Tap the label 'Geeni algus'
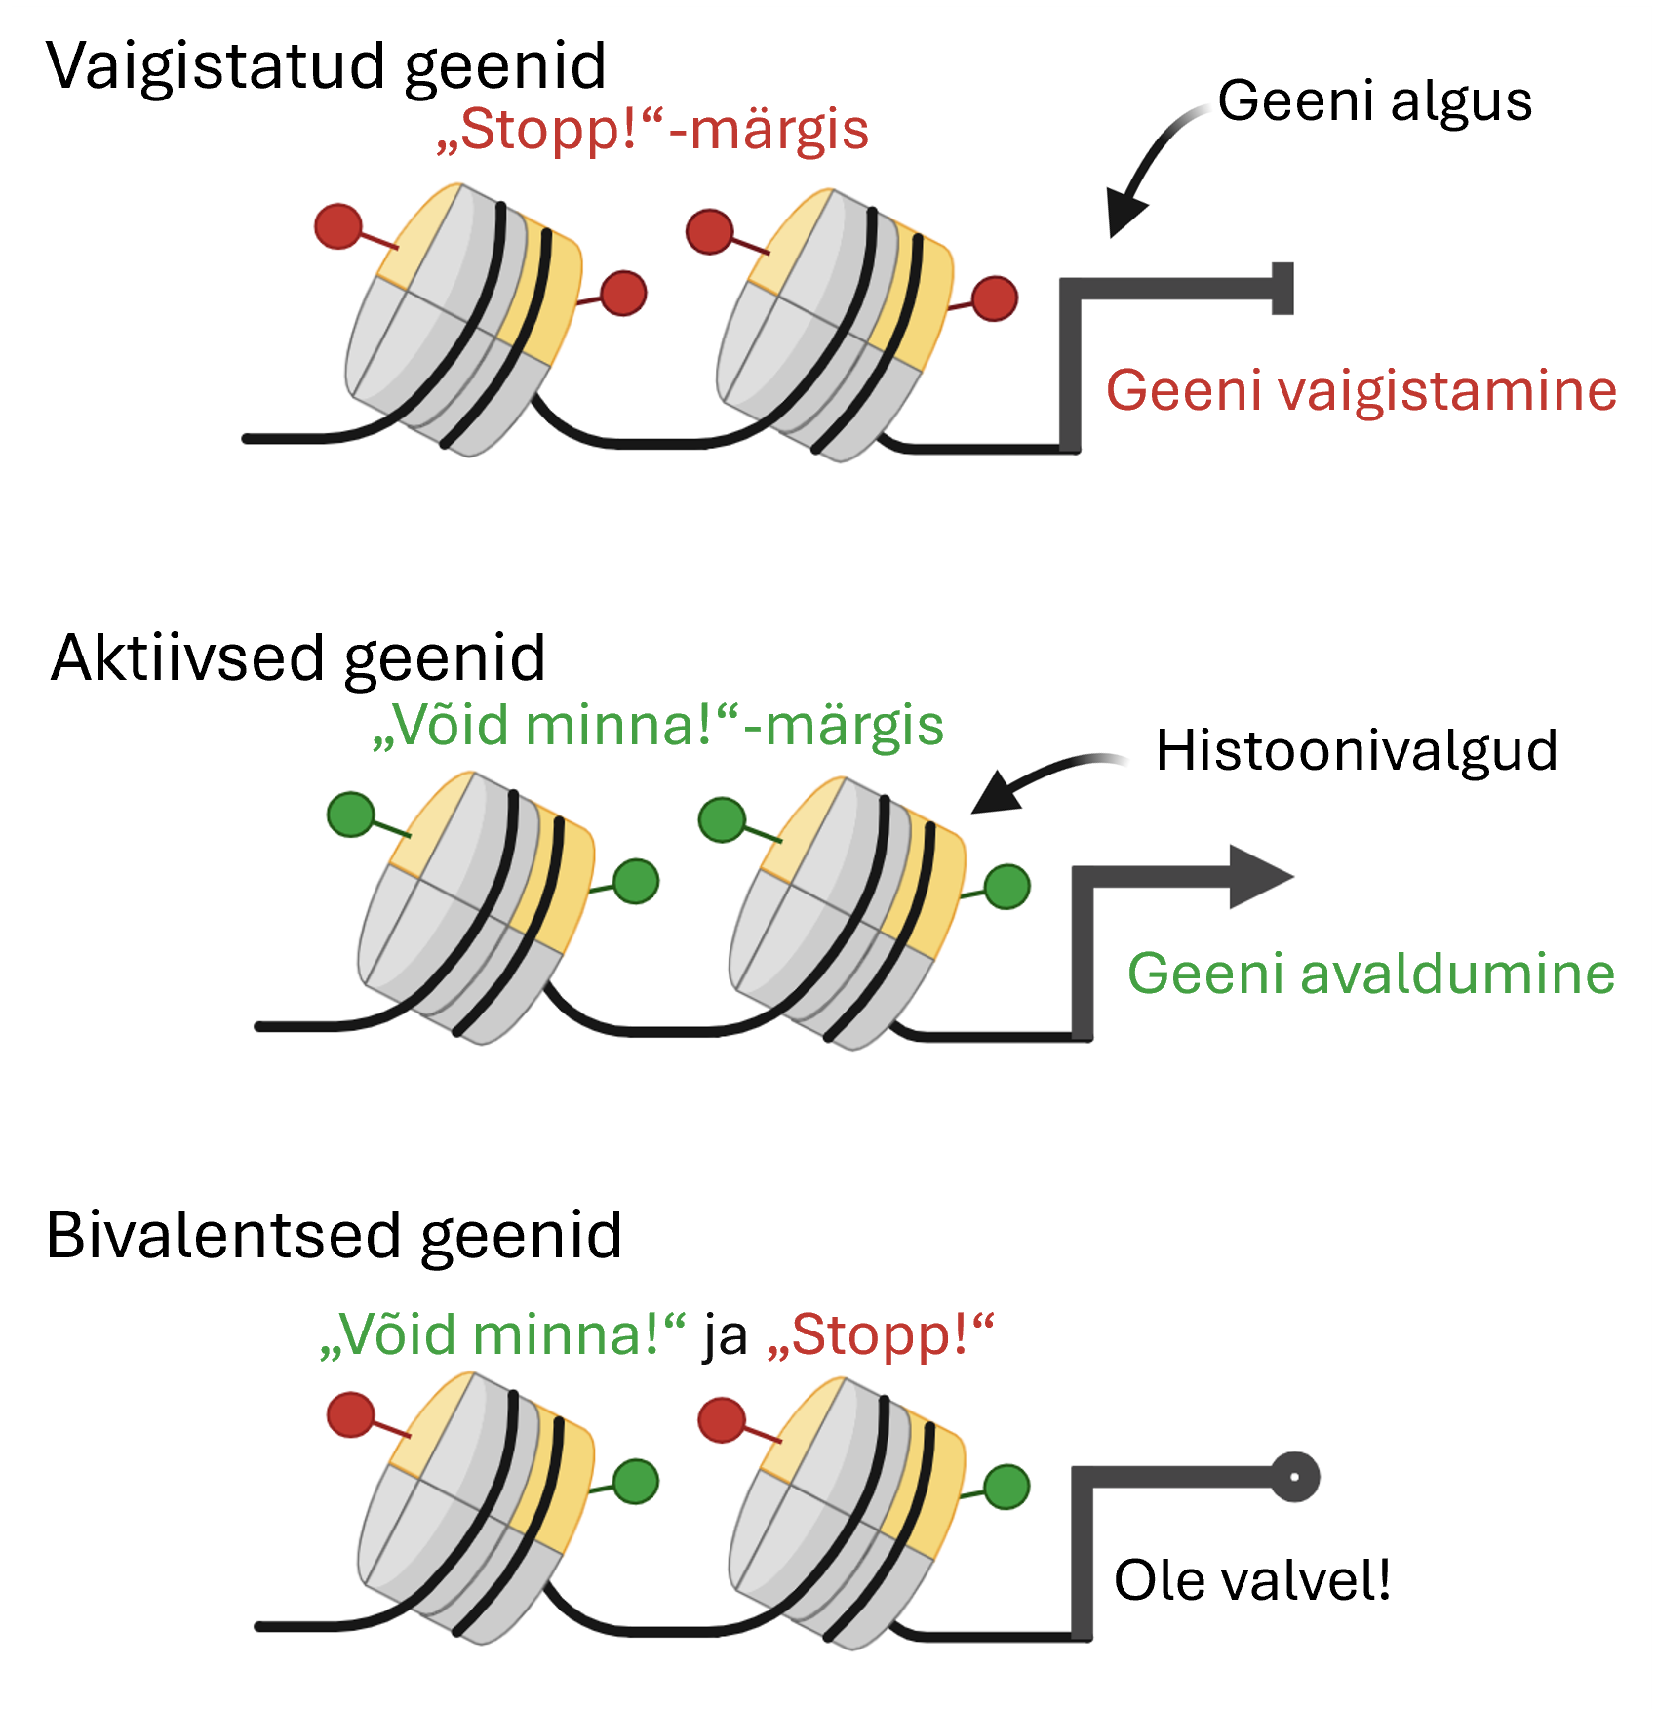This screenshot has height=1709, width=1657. pyautogui.click(x=1374, y=101)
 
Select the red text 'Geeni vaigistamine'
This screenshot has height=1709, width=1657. pyautogui.click(x=1361, y=391)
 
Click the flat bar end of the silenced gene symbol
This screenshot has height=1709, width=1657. pyautogui.click(x=1283, y=289)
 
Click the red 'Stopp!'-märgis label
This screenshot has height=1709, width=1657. pyautogui.click(x=652, y=130)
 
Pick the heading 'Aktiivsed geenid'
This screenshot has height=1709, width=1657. pyautogui.click(x=297, y=658)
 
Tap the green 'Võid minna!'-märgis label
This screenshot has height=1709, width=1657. pyautogui.click(x=658, y=726)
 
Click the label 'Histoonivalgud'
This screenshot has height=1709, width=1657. pyautogui.click(x=1356, y=751)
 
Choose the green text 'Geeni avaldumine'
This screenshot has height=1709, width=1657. pyautogui.click(x=1370, y=974)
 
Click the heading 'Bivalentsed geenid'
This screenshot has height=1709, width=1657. pyautogui.click(x=334, y=1236)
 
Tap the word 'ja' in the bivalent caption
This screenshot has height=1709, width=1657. pyautogui.click(x=725, y=1335)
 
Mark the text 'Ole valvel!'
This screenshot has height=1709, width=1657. pyautogui.click(x=1251, y=1581)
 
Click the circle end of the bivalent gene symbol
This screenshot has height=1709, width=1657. pyautogui.click(x=1294, y=1477)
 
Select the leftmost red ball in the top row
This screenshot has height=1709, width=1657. pyautogui.click(x=338, y=226)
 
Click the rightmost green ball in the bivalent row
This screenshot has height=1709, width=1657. pyautogui.click(x=1006, y=1487)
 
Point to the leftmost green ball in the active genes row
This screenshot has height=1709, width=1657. pyautogui.click(x=351, y=815)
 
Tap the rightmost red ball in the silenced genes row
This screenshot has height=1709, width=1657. pyautogui.click(x=995, y=298)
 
